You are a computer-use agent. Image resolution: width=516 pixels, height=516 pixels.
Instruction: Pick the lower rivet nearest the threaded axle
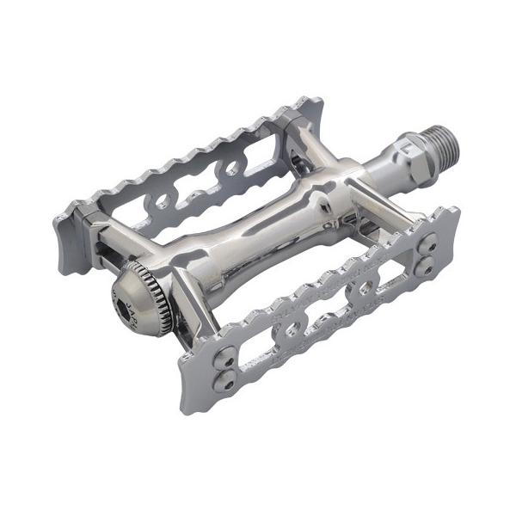click(x=423, y=267)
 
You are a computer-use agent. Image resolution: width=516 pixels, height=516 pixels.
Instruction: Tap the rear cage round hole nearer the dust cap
click(x=160, y=204)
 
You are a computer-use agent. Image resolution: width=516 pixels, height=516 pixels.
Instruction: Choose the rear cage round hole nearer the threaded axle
click(x=232, y=169)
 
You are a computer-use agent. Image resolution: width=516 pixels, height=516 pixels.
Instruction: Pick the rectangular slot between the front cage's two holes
click(x=329, y=310)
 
